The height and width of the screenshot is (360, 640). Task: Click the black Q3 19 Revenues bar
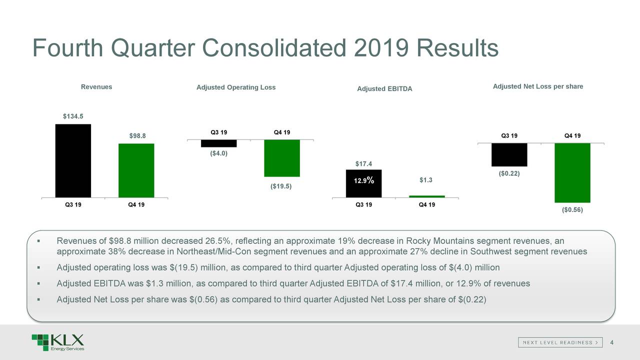coord(73,160)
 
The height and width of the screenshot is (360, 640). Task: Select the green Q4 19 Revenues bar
coord(136,170)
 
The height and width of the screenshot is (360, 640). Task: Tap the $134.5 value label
coord(73,116)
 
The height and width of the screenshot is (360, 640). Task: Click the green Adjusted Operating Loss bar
coord(282,158)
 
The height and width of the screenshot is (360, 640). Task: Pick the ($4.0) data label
coord(218,153)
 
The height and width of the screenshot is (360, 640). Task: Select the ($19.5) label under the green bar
coord(281,186)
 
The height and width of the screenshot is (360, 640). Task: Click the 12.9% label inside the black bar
coord(364,181)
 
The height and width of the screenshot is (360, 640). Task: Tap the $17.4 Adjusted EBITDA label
coord(364,163)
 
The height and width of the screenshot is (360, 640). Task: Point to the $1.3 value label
coord(426,180)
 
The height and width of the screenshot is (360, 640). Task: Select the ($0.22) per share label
coord(509,173)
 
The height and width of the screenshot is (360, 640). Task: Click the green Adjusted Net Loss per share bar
coord(572,172)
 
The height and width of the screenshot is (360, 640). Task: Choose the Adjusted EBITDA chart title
coord(384,89)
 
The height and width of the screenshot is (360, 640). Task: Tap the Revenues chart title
coord(96,87)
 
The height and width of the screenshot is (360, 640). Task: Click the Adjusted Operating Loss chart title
coord(236,87)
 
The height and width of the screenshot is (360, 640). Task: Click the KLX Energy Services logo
coord(57,342)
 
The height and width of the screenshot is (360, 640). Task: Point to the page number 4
coord(612,342)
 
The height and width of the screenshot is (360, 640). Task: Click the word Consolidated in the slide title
coord(274,48)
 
